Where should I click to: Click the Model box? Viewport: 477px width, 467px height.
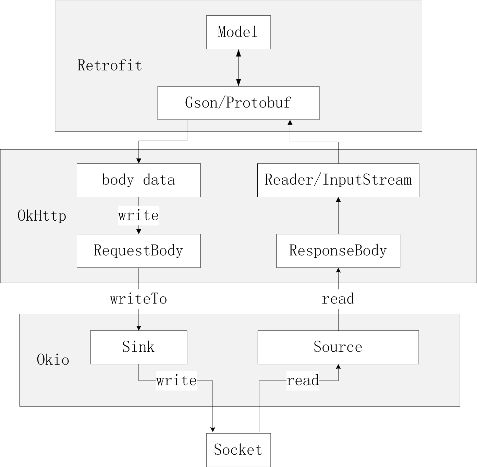[x=238, y=32]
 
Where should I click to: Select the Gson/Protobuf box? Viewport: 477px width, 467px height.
[x=238, y=103]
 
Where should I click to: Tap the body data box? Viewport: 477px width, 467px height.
[x=138, y=180]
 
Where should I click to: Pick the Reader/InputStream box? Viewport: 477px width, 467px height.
[x=338, y=180]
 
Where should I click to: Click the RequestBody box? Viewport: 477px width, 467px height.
[x=138, y=251]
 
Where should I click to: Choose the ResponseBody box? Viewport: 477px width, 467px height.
[x=338, y=251]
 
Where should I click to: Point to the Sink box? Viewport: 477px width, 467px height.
[x=138, y=347]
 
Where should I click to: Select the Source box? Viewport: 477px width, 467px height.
[x=338, y=347]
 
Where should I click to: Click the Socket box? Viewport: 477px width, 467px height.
[x=238, y=450]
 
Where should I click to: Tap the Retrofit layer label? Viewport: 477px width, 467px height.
[x=110, y=65]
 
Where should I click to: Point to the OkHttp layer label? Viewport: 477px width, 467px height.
[x=42, y=216]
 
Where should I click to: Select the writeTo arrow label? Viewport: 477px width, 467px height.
[x=138, y=299]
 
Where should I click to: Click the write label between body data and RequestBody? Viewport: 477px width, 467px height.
[x=138, y=216]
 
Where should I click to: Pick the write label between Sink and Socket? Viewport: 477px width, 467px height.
[x=176, y=380]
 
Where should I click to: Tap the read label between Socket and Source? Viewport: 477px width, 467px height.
[x=303, y=380]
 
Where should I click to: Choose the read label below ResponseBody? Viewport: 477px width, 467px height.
[x=338, y=299]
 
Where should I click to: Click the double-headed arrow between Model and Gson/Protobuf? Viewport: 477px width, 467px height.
[x=238, y=68]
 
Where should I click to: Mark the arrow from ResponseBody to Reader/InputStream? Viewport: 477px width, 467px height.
[x=338, y=216]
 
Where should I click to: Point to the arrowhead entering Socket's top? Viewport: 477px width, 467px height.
[x=212, y=430]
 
